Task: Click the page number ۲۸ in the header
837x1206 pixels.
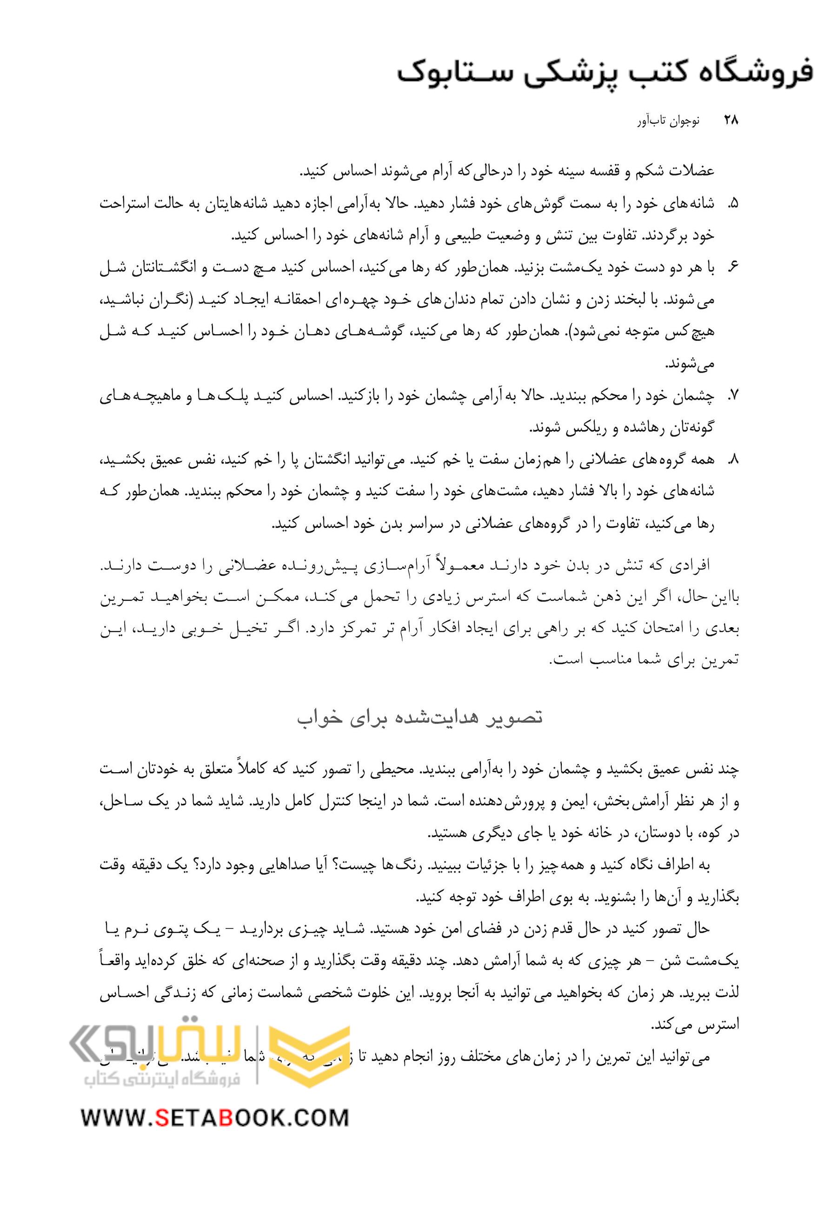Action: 730,120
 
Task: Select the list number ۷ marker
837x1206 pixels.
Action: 733,398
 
